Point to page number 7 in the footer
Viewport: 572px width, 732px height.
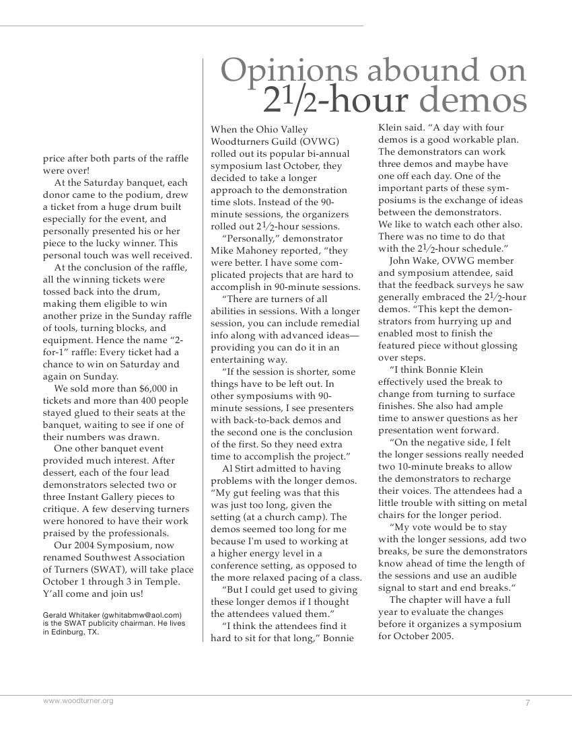[x=528, y=703]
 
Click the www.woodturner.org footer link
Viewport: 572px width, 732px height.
[x=78, y=701]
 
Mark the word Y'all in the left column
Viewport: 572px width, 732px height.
[x=55, y=594]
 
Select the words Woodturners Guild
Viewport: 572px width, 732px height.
[x=254, y=141]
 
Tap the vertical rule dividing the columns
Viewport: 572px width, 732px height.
[x=203, y=350]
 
